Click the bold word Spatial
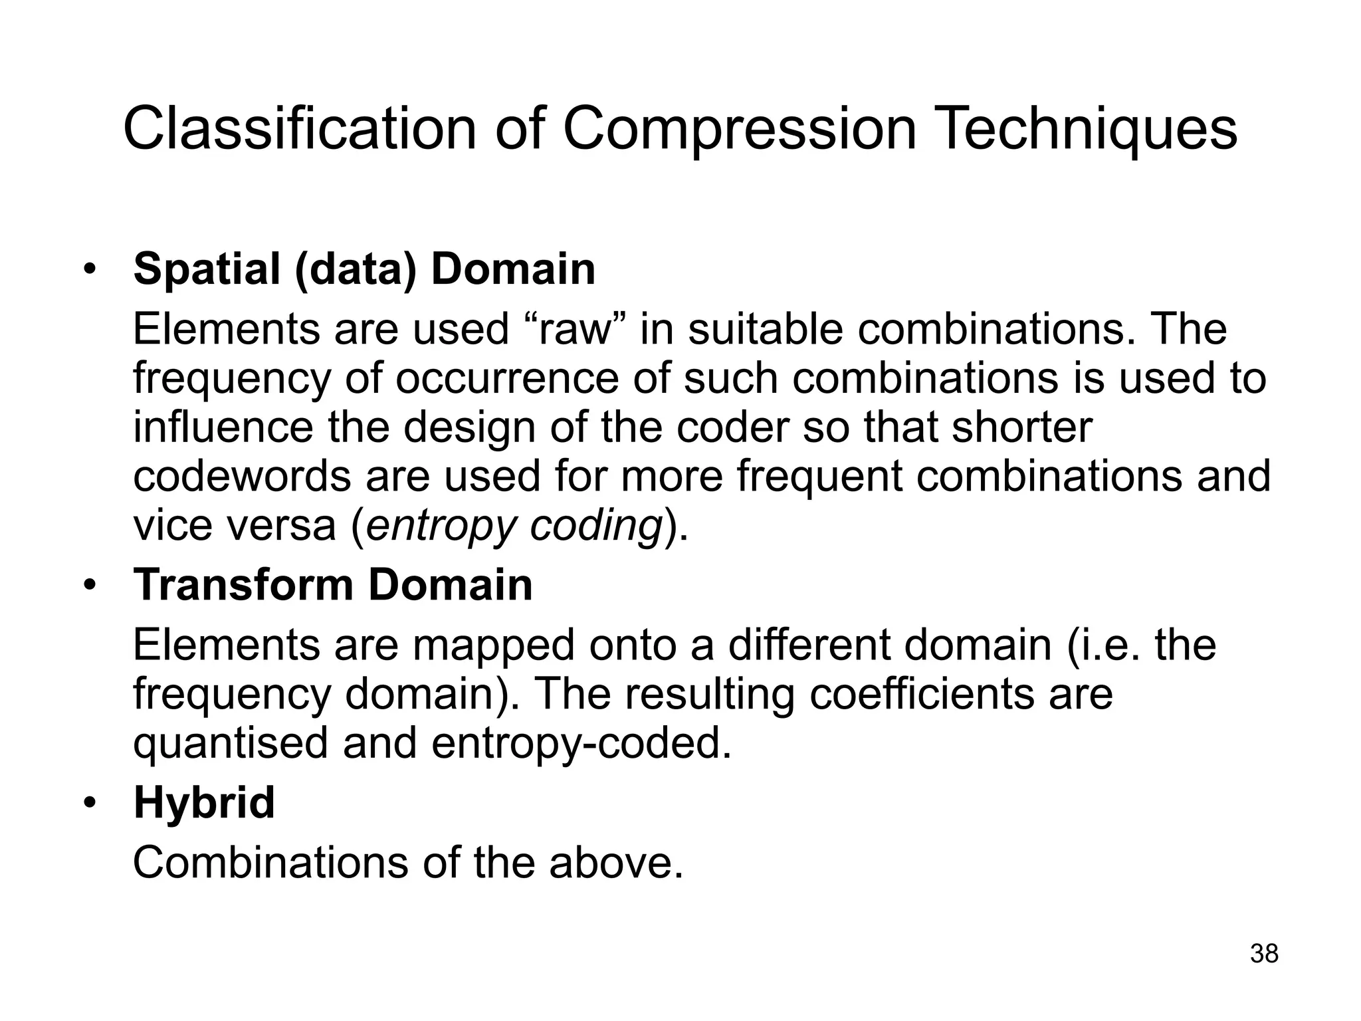(207, 269)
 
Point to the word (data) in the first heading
(356, 269)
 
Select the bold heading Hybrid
(204, 803)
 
